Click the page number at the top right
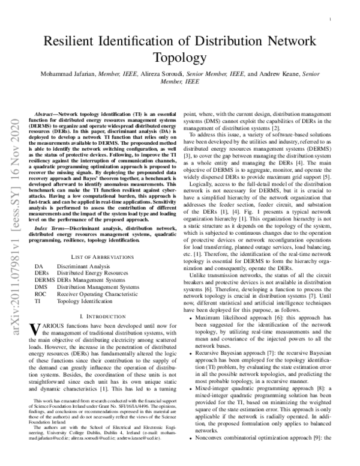tap(331, 19)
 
